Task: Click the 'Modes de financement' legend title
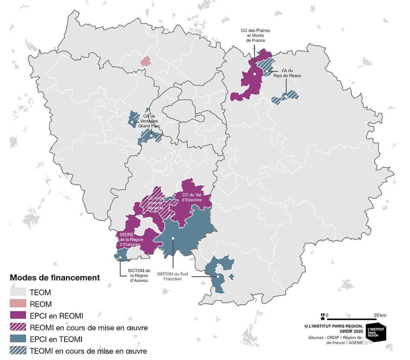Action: pos(55,278)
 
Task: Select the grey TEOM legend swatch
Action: pos(18,292)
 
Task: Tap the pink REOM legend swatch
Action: pos(18,304)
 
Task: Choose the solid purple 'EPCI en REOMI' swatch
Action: pos(18,315)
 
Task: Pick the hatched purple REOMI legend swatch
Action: pos(18,327)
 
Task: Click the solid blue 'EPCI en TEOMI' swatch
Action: pos(18,339)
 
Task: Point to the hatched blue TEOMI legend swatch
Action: pos(18,351)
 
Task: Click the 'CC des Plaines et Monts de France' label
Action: pos(255,35)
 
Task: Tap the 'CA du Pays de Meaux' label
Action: pos(291,73)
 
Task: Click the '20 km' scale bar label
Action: pos(380,315)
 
